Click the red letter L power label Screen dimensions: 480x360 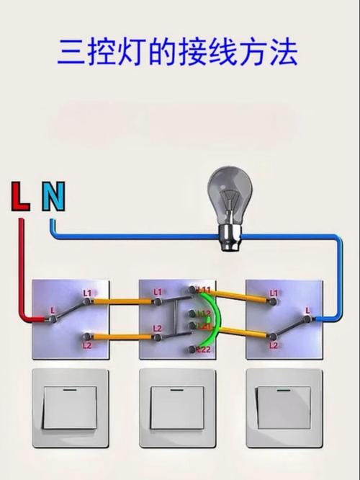[x=20, y=196]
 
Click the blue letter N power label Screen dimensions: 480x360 [x=53, y=196]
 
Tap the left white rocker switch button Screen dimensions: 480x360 [x=70, y=407]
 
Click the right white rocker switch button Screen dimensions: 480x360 [x=284, y=407]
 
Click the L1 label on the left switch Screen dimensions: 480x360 [x=87, y=293]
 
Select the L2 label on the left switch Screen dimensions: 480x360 [x=87, y=346]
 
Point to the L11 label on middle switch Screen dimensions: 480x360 [x=205, y=290]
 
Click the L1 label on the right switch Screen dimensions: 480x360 [x=274, y=293]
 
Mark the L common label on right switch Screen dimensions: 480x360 [x=307, y=310]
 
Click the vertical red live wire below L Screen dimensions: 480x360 [x=21, y=267]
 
